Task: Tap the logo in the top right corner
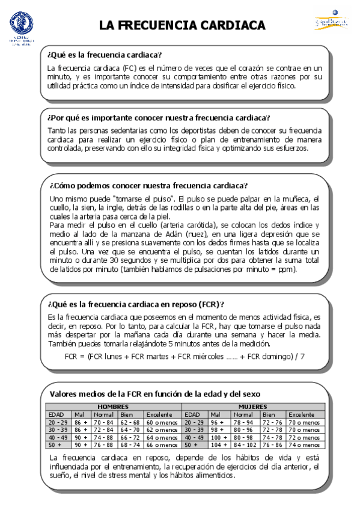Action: click(x=331, y=21)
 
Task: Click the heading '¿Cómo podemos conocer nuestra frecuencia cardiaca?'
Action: click(x=149, y=185)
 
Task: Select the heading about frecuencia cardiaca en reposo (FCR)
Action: click(x=140, y=304)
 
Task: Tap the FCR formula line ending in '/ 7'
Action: click(x=184, y=357)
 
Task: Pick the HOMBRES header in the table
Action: click(x=114, y=407)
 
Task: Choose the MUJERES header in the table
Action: click(x=253, y=407)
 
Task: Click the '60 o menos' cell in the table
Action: click(x=162, y=423)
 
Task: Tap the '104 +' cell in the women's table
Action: click(x=219, y=445)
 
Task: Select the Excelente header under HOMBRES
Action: click(x=160, y=415)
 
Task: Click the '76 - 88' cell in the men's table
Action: click(x=103, y=445)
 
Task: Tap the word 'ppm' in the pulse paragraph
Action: click(x=285, y=270)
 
